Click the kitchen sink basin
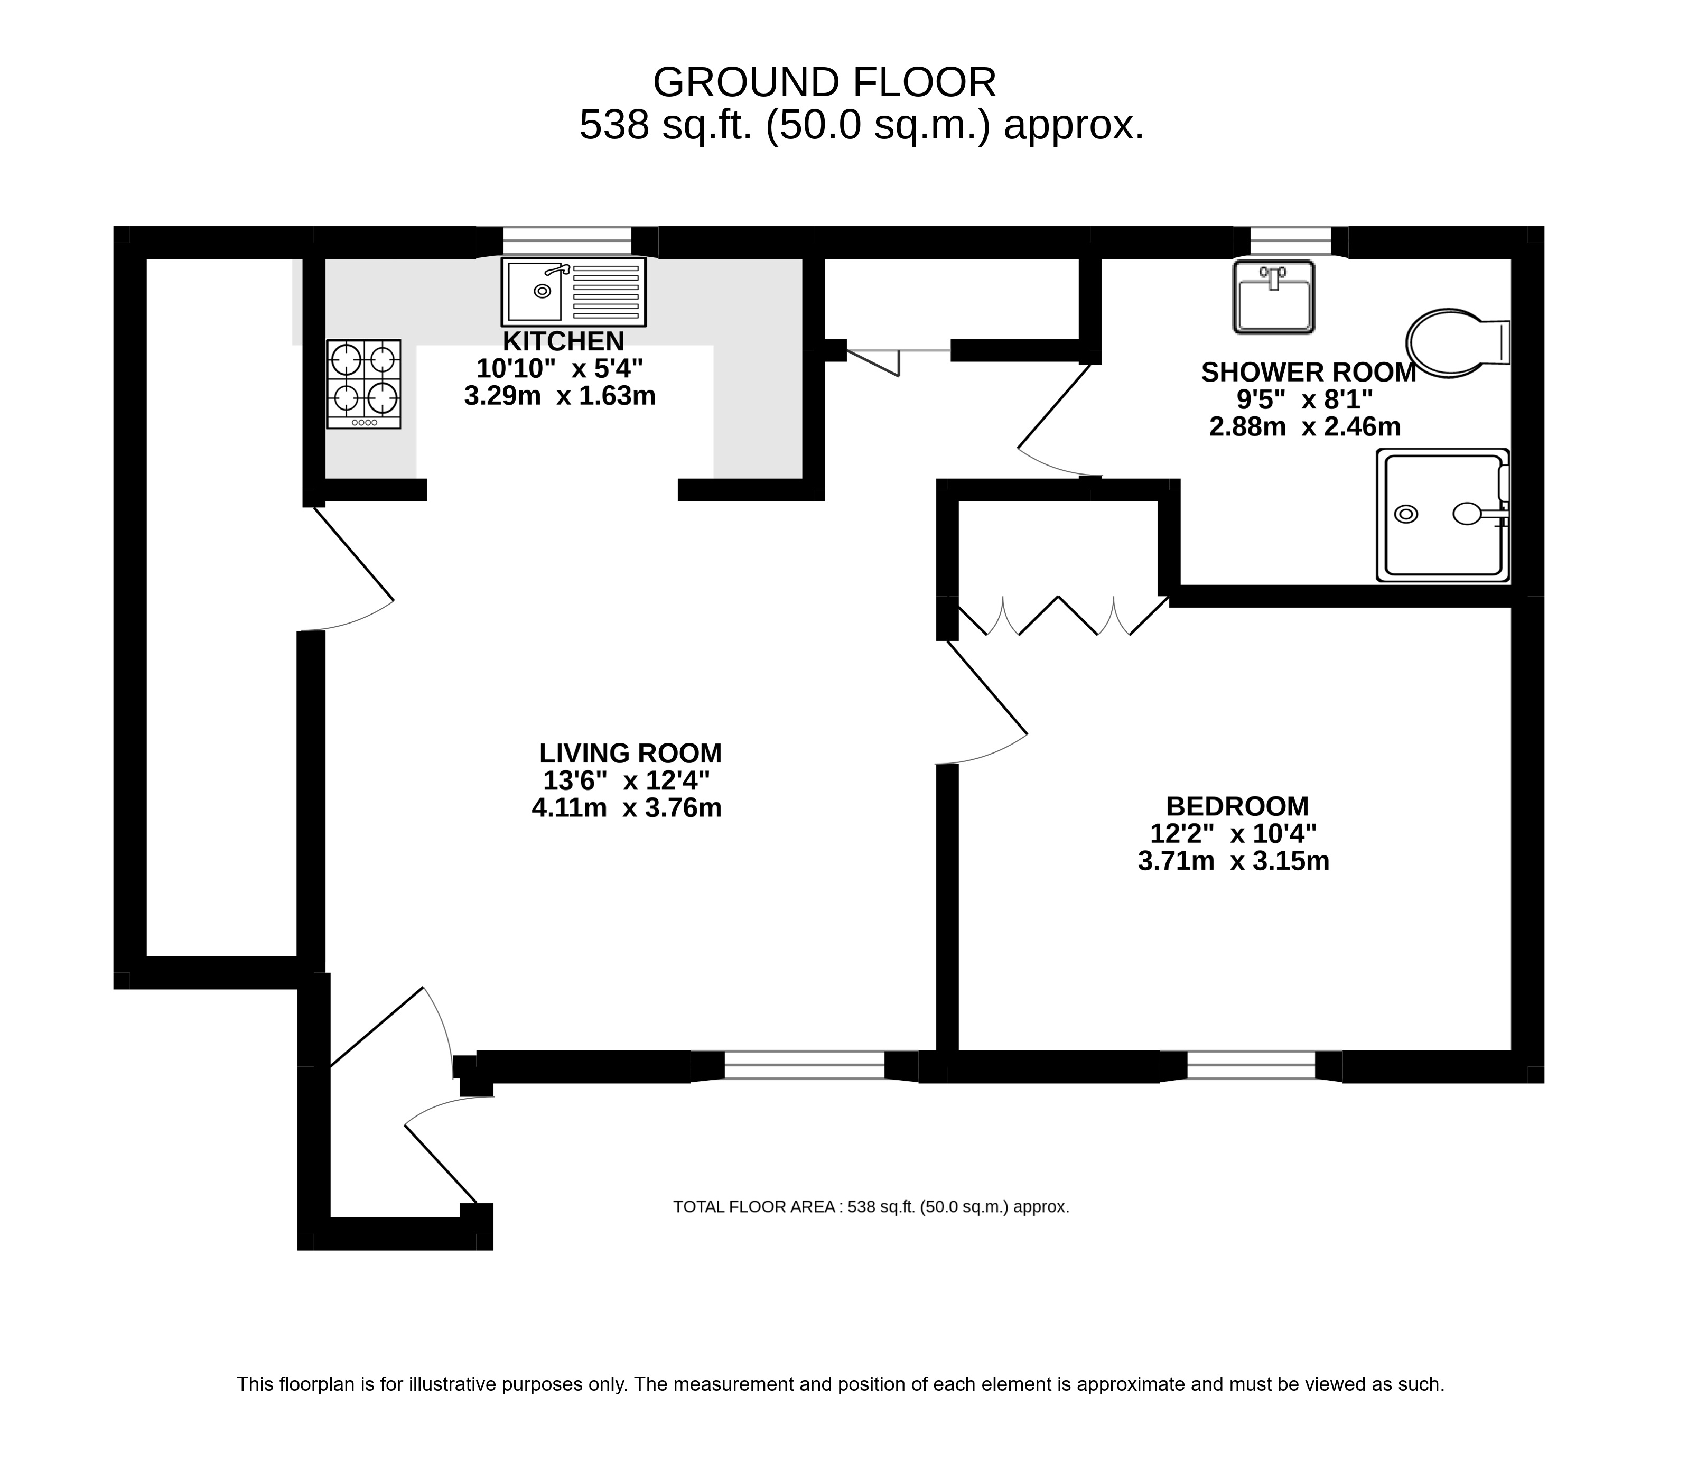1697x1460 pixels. (534, 291)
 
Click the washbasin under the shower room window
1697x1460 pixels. (1274, 296)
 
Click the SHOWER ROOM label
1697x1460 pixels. (1308, 372)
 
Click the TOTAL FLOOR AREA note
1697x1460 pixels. (871, 1207)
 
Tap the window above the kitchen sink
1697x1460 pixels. (567, 241)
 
